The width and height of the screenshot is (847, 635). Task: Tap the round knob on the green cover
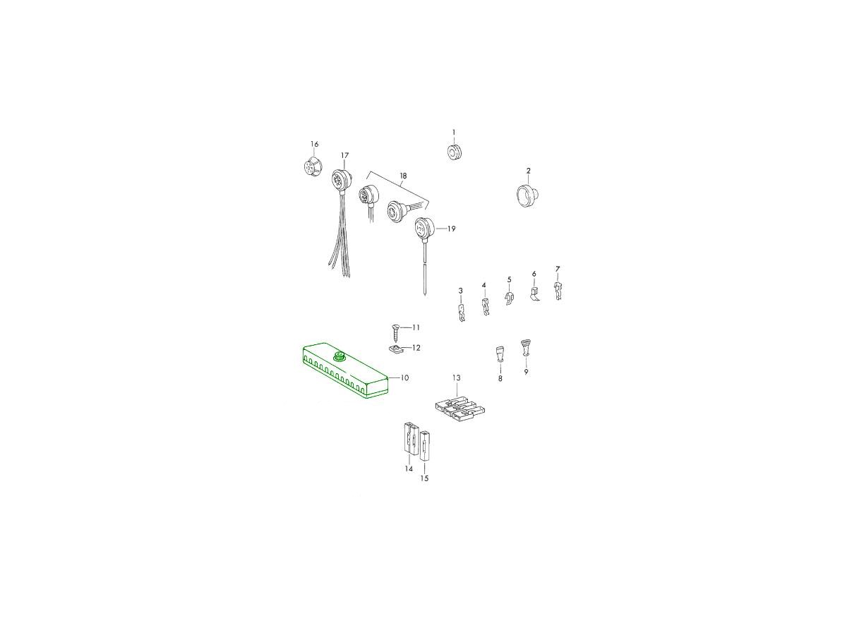pyautogui.click(x=340, y=356)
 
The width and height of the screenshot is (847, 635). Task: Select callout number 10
pyautogui.click(x=404, y=378)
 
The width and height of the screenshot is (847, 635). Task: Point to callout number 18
pyautogui.click(x=403, y=176)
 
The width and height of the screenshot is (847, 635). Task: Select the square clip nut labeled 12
pyautogui.click(x=395, y=350)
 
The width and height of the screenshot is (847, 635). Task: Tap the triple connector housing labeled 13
pyautogui.click(x=459, y=411)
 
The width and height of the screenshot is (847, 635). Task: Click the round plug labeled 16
pyautogui.click(x=311, y=166)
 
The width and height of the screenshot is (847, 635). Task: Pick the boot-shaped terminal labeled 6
pyautogui.click(x=534, y=294)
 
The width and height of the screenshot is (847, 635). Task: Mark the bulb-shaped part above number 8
pyautogui.click(x=500, y=353)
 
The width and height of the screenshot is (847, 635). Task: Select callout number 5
pyautogui.click(x=510, y=279)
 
